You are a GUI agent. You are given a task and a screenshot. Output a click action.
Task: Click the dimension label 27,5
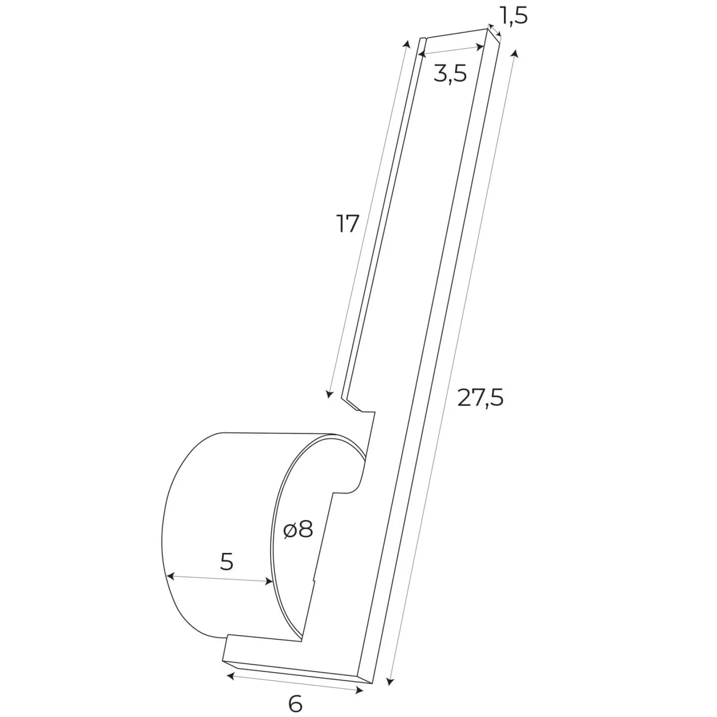click(x=480, y=397)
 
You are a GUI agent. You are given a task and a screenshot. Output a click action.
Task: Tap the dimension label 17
click(x=348, y=224)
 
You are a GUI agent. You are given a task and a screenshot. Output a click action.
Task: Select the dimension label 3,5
click(x=450, y=73)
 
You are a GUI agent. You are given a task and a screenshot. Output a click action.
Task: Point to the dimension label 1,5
click(x=513, y=16)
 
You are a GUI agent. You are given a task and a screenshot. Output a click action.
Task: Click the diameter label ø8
click(x=298, y=530)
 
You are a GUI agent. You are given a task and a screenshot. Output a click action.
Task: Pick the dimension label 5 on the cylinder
click(x=227, y=562)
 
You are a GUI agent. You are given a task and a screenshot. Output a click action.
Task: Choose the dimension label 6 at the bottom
click(x=295, y=704)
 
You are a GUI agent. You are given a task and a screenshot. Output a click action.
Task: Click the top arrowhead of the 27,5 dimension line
click(x=515, y=54)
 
